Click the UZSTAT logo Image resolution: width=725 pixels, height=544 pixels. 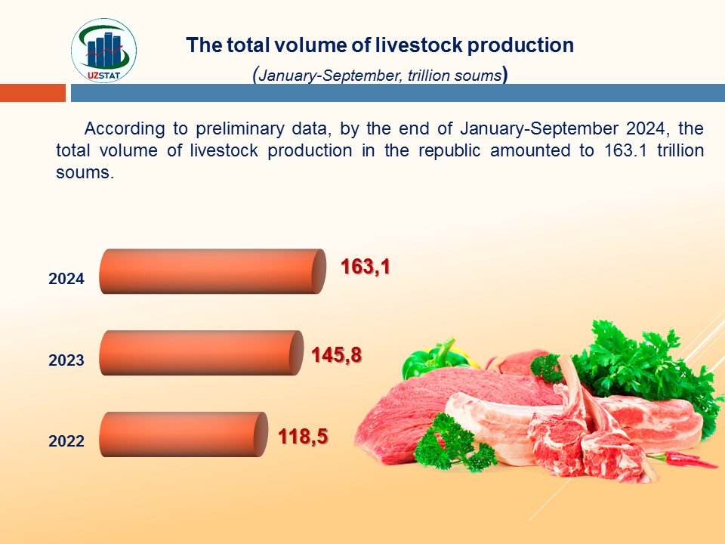[103, 51]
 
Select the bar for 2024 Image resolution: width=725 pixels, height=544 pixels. [213, 271]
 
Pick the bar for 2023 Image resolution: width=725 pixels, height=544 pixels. [201, 353]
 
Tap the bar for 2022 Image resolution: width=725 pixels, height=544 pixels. [184, 434]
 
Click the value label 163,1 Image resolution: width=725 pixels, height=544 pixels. [366, 267]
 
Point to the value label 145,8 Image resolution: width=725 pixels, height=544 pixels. [336, 355]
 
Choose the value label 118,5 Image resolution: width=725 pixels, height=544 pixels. [303, 436]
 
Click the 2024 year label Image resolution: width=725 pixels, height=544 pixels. [66, 279]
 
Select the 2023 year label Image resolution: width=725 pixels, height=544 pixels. [66, 360]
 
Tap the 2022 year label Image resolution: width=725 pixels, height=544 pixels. [66, 440]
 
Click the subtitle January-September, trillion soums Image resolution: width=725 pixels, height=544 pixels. [380, 75]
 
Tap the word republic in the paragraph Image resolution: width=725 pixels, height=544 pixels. [449, 151]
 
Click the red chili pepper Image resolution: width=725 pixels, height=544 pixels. [682, 460]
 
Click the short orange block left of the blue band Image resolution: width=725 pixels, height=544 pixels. [32, 93]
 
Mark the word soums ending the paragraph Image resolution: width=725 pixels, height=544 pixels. [85, 172]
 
